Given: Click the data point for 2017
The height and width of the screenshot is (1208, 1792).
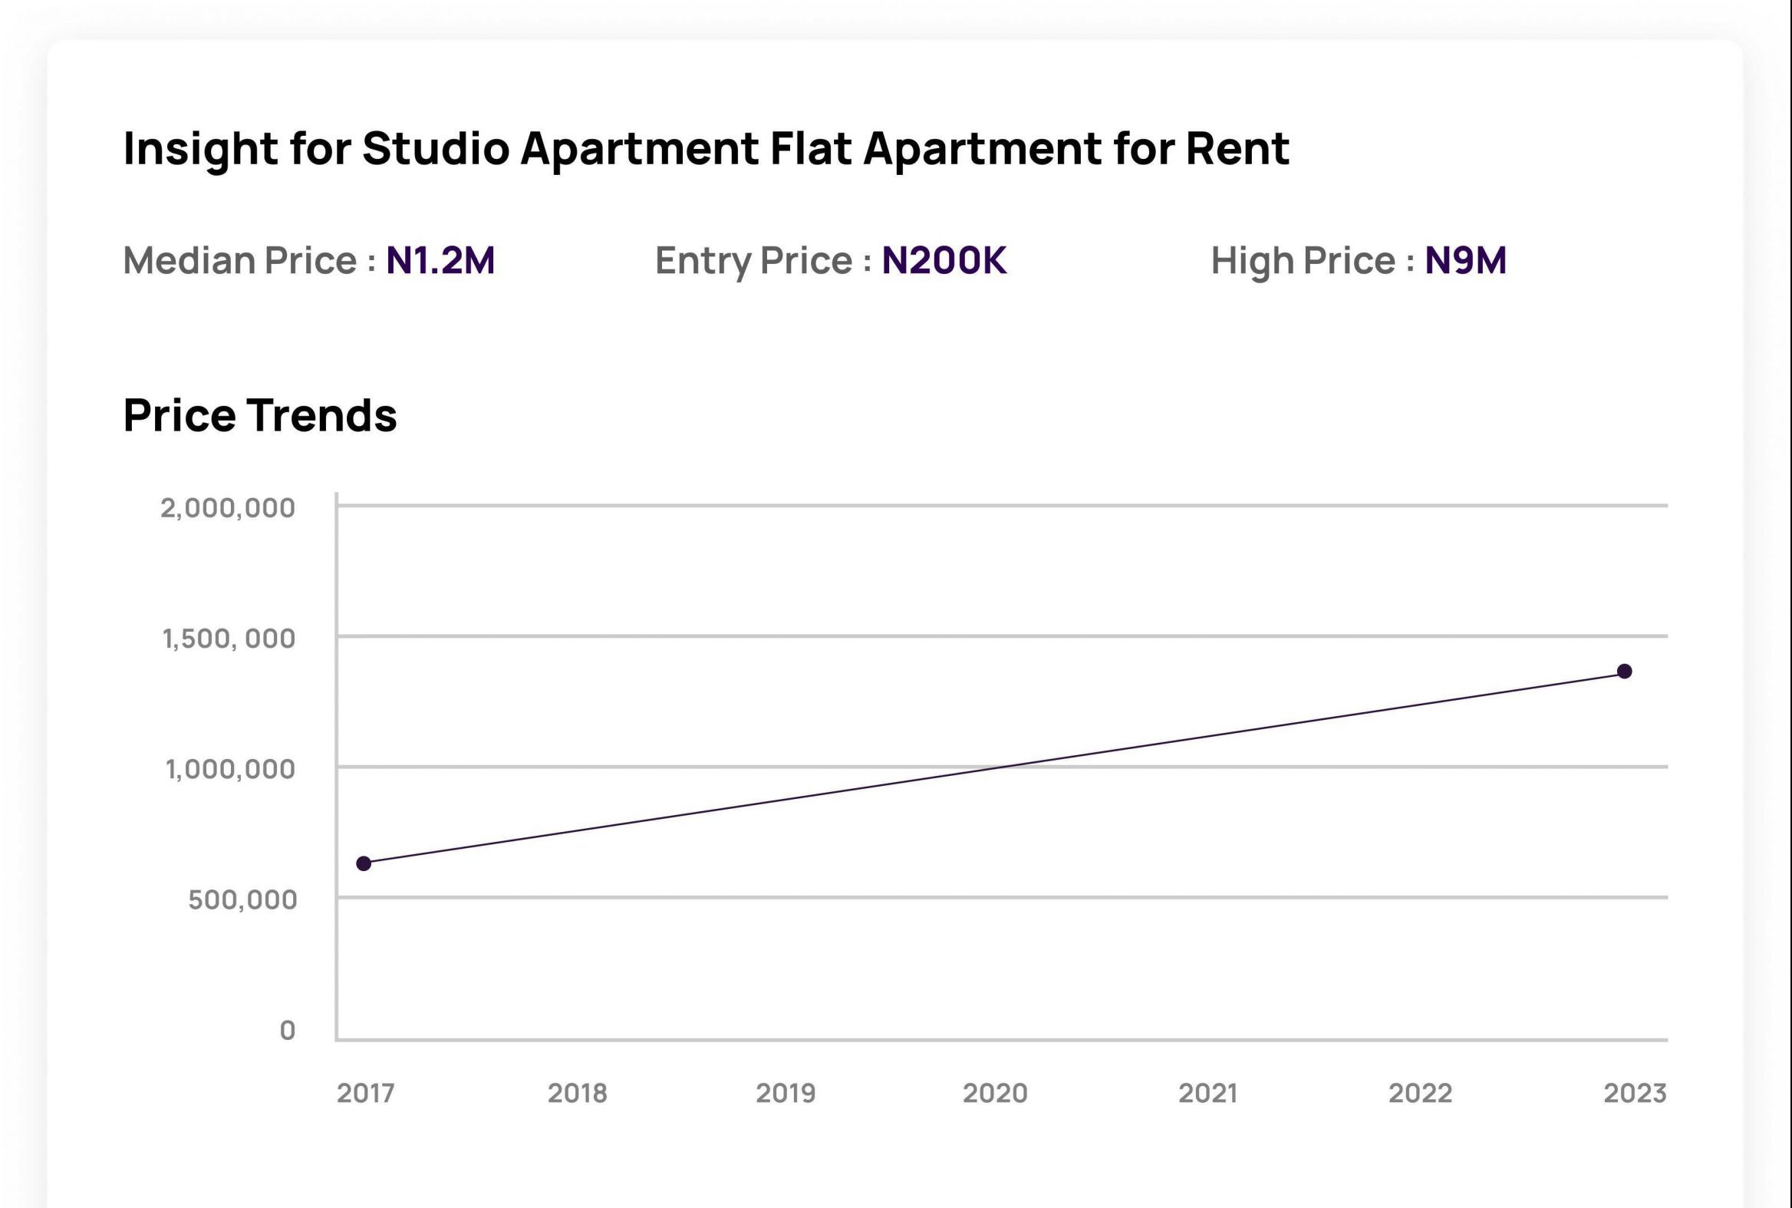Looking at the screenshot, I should click(364, 863).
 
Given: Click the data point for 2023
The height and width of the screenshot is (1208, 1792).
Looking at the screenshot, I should click(1624, 671).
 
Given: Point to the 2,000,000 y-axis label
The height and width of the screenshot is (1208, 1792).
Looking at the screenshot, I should click(227, 508).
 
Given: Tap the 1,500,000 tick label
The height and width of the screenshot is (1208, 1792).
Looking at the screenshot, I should click(228, 639).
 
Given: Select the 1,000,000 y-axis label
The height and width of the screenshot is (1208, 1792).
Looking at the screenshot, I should click(229, 769).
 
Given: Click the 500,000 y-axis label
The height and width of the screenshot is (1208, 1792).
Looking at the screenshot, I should click(242, 899).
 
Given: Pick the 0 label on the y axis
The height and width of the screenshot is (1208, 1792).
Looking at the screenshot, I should click(287, 1030).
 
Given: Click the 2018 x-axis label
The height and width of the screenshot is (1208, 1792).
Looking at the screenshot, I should click(577, 1093).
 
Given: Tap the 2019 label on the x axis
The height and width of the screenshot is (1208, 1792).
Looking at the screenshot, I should click(785, 1093).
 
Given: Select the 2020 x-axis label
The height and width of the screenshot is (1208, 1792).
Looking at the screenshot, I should click(994, 1093).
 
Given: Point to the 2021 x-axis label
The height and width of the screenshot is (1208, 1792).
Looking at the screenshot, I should click(1207, 1093).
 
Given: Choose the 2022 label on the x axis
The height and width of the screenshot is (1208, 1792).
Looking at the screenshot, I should click(1419, 1093).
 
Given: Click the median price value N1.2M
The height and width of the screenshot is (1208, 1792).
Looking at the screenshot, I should click(440, 259).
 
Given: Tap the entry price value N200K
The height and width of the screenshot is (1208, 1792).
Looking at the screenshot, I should click(944, 259).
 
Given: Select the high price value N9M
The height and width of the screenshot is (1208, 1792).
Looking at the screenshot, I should click(1464, 259).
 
